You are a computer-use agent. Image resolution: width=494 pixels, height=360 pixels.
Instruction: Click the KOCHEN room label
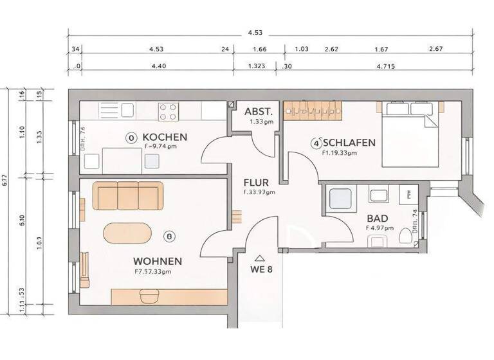click(165, 137)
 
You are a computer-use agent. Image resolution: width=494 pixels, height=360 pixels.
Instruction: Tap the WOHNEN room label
click(157, 261)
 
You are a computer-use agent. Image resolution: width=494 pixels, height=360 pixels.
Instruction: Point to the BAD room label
click(377, 219)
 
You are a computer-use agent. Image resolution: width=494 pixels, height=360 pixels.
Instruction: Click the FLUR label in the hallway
click(256, 182)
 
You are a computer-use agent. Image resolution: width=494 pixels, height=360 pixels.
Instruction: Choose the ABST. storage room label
click(261, 110)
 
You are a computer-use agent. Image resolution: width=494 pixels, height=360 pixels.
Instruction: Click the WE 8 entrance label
click(261, 269)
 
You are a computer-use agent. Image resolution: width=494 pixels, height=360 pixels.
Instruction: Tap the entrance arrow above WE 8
click(261, 256)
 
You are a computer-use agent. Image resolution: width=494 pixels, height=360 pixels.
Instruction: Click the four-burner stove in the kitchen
click(169, 112)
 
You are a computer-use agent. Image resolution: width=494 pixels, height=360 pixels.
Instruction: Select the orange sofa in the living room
click(129, 195)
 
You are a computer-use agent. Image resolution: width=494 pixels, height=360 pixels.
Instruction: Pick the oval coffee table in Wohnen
click(129, 233)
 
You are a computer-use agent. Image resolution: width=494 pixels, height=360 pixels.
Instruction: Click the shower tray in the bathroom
click(340, 199)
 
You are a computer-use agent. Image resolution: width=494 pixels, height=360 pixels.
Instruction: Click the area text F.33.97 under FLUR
click(259, 192)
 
